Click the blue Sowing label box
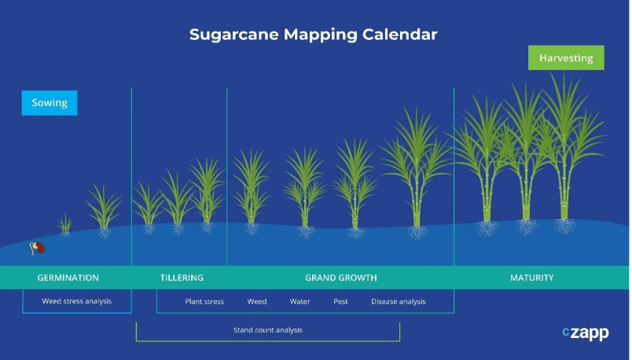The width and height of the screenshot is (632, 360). point(50,103)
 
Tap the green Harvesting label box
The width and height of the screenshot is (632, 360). point(566,57)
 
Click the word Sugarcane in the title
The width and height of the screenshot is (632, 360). point(233,35)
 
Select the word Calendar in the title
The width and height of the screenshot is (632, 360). point(399,35)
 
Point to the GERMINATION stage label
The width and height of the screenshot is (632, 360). point(68,277)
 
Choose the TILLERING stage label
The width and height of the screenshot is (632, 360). point(182,277)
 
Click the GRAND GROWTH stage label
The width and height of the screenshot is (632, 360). point(341,277)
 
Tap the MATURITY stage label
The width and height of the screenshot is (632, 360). point(531,277)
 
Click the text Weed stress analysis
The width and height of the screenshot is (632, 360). point(76,301)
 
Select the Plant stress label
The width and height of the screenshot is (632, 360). point(204,302)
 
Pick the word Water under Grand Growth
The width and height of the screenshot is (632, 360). point(299,302)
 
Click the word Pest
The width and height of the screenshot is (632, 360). point(340,302)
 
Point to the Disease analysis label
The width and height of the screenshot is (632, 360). point(399,302)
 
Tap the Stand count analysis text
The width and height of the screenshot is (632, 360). point(267,330)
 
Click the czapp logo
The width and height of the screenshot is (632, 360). point(586,332)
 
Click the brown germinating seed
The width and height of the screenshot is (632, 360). point(38,248)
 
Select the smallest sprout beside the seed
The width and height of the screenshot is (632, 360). point(64,224)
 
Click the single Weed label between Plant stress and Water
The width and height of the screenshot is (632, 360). point(257,302)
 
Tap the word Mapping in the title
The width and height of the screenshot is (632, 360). point(321,35)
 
